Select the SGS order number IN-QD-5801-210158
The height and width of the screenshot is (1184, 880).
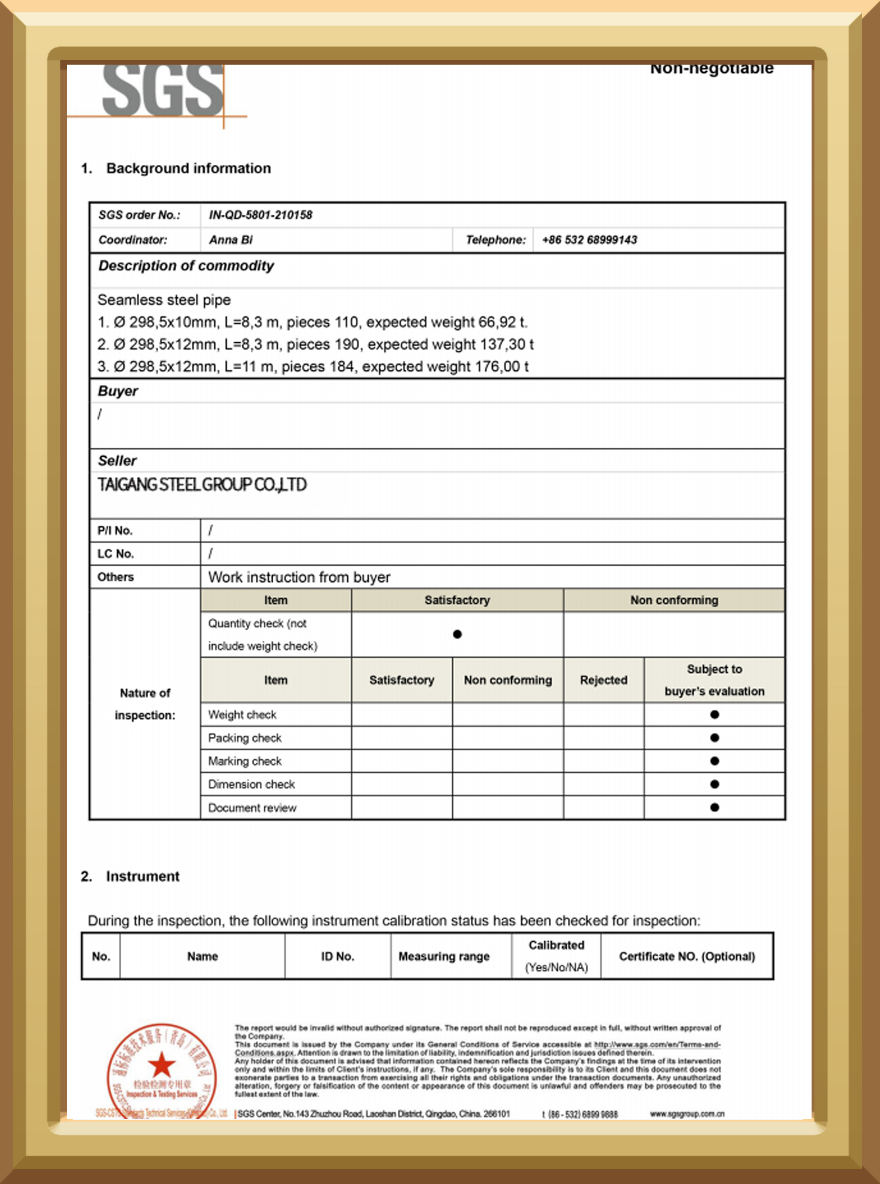point(260,215)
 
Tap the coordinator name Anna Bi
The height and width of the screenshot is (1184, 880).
point(230,240)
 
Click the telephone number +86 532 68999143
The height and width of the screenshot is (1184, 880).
point(589,240)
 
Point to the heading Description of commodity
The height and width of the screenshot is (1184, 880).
point(186,265)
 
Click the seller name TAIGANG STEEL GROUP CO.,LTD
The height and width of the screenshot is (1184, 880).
point(202,485)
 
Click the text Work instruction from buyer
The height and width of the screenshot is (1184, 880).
point(299,578)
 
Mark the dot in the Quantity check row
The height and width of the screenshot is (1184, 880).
point(457,634)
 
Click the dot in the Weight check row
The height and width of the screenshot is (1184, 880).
point(714,714)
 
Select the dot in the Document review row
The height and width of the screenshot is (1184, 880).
point(714,807)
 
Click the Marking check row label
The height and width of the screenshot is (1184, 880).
point(245,761)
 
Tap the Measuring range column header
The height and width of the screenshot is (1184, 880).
point(444,956)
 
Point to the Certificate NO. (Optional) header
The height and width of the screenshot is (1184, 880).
point(687,956)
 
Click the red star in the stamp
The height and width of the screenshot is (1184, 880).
point(162,1066)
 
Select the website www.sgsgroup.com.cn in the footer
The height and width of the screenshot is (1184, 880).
point(687,1114)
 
